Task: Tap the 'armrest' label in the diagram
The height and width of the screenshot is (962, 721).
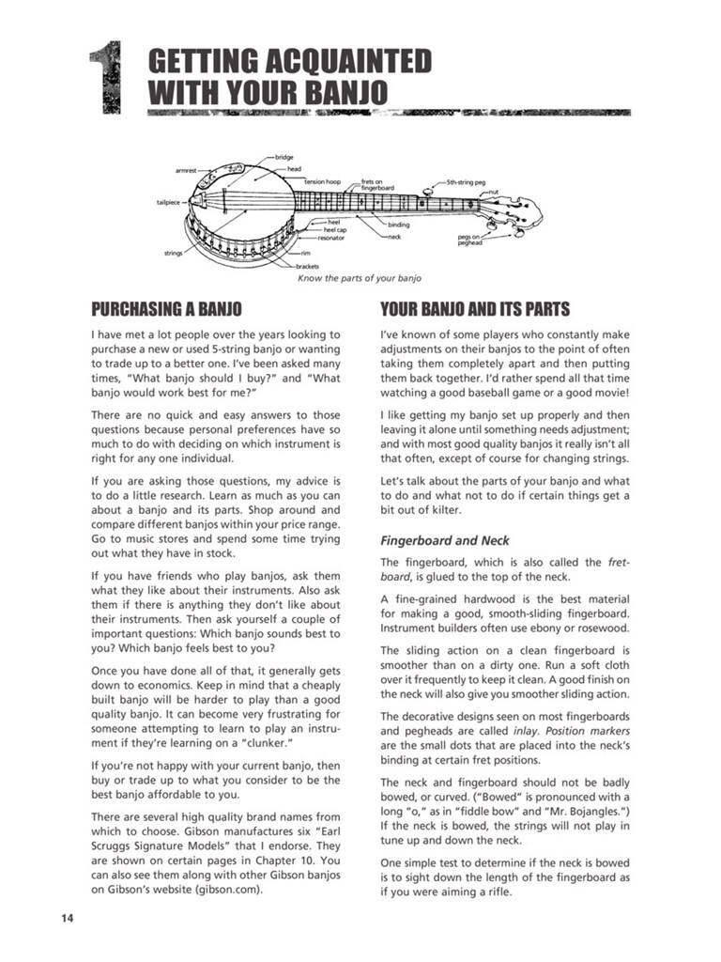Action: tap(186, 170)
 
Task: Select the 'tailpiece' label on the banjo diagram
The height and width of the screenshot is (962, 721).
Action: tap(168, 202)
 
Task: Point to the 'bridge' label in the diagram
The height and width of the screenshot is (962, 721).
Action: tap(284, 156)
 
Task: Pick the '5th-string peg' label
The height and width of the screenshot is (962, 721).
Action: tap(466, 182)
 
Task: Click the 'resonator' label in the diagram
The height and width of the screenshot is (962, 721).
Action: tap(330, 238)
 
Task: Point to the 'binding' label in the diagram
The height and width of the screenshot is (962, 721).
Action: tap(398, 225)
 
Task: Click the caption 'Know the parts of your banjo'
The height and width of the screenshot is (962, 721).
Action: tap(360, 278)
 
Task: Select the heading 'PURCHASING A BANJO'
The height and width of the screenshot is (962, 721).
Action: tap(166, 309)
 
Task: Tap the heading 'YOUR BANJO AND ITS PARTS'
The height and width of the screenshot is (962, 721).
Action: tap(474, 309)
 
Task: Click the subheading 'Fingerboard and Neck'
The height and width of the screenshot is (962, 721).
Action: tap(444, 541)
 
